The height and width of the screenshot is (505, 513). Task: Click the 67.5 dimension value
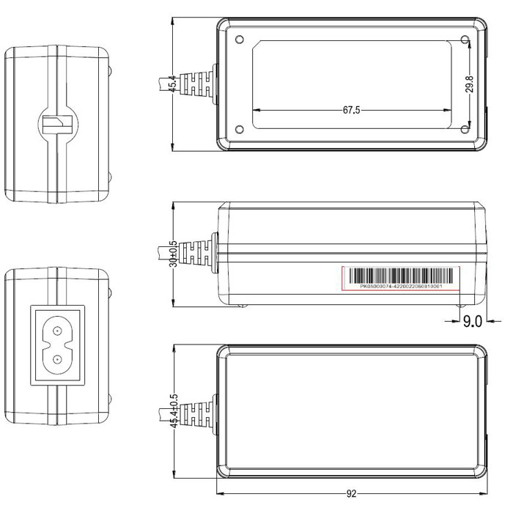click(351, 111)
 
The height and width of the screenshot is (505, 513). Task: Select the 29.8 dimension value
click(470, 84)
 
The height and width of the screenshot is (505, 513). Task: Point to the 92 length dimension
click(351, 494)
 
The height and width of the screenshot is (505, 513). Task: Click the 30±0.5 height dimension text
click(173, 253)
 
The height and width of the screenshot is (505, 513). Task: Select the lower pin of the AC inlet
click(56, 359)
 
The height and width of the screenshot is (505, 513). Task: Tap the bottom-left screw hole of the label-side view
click(240, 130)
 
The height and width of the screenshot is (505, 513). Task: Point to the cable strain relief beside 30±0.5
click(198, 253)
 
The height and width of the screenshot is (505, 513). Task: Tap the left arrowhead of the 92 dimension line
click(221, 494)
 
